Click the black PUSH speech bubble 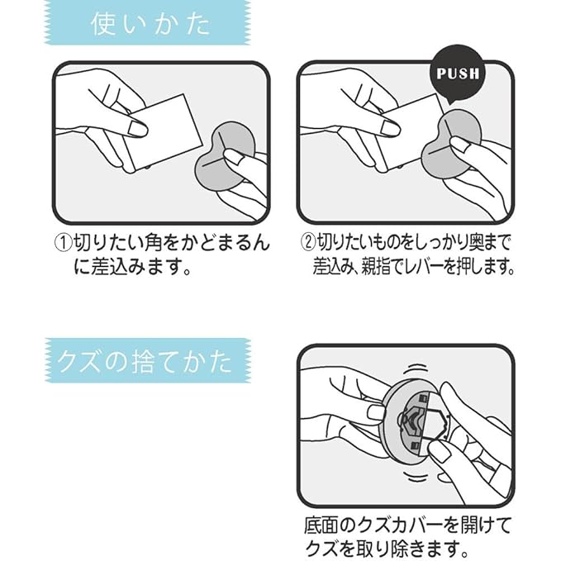(x=457, y=74)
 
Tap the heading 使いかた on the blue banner (x=150, y=24)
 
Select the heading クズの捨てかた (x=145, y=362)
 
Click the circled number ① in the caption (x=63, y=244)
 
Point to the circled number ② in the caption (x=307, y=244)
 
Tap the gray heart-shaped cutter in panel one (x=226, y=157)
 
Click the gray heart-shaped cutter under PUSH (x=451, y=145)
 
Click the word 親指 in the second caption (x=376, y=267)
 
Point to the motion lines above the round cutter (x=417, y=369)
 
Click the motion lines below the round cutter (x=416, y=476)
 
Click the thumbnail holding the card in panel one (x=139, y=128)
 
